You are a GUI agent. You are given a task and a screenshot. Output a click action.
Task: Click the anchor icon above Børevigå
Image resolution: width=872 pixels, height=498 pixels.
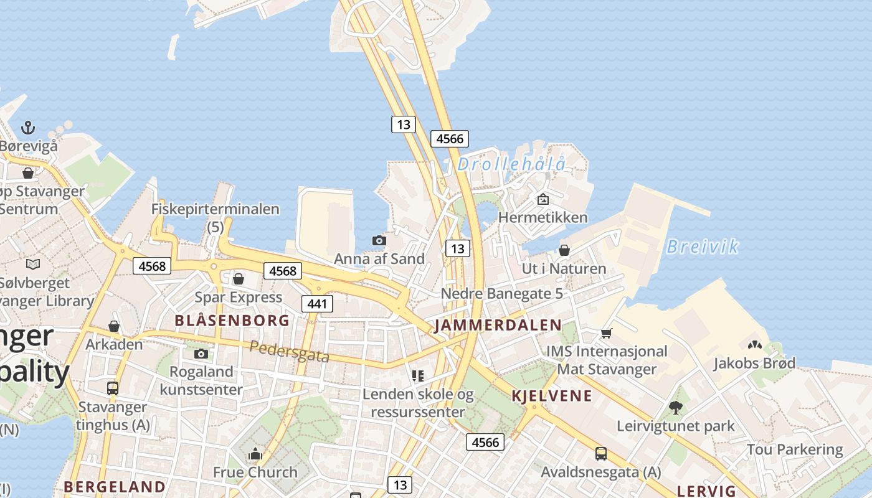point(28,128)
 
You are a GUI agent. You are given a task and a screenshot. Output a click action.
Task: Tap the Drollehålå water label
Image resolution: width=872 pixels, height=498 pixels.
point(511,164)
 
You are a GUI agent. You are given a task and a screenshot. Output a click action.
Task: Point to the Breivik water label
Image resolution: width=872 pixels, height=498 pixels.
point(702,247)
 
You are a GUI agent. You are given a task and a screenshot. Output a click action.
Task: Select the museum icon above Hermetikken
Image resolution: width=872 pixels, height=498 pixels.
point(543,199)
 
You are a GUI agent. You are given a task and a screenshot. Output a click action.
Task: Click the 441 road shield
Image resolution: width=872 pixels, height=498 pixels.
point(317,304)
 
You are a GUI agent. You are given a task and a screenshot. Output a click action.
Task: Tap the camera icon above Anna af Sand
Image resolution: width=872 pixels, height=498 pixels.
point(379,240)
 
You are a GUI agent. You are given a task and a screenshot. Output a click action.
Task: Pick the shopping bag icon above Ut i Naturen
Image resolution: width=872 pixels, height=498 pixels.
point(564,250)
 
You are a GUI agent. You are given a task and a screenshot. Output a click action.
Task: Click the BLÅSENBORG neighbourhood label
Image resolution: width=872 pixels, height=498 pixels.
point(232,321)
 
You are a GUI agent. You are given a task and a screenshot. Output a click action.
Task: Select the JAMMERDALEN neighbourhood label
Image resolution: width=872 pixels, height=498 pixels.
point(498,325)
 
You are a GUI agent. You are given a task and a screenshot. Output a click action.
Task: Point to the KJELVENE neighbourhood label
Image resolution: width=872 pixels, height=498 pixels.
point(552,396)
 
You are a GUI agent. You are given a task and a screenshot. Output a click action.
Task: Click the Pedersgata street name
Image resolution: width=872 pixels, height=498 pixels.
point(289,351)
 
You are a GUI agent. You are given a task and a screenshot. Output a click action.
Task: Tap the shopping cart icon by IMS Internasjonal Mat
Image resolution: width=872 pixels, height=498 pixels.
point(607,333)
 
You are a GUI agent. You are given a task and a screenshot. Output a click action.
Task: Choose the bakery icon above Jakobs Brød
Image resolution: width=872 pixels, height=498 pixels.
point(754,344)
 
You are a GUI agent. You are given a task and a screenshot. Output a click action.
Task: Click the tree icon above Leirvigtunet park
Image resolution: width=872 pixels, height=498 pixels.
point(676,408)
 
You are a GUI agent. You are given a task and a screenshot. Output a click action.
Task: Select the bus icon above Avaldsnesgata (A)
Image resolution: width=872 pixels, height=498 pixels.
point(601,454)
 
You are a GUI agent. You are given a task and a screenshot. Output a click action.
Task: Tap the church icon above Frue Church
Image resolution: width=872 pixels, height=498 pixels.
point(255,454)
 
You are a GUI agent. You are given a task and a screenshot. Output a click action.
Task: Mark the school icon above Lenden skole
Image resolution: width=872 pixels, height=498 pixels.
point(418,375)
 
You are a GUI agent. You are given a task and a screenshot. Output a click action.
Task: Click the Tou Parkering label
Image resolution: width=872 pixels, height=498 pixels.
point(795,449)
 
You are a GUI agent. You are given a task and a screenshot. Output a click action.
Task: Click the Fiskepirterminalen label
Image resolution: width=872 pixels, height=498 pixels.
point(216,209)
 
